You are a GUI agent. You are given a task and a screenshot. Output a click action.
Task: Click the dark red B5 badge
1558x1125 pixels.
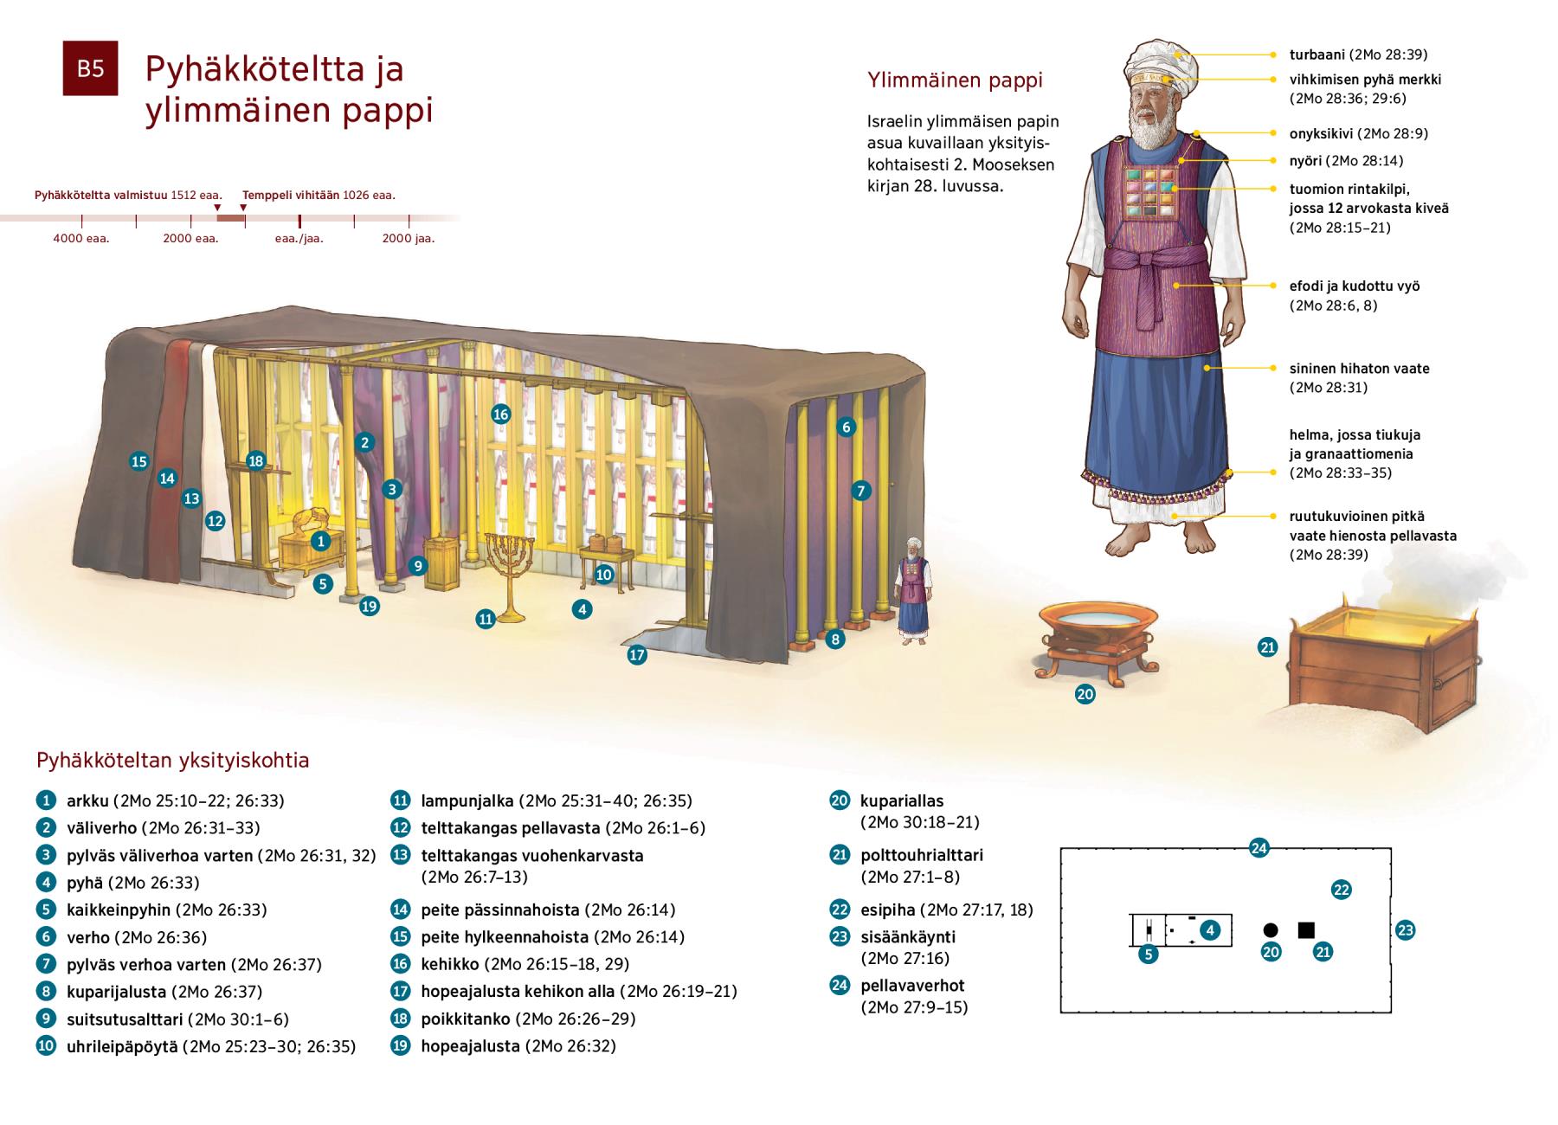tap(90, 67)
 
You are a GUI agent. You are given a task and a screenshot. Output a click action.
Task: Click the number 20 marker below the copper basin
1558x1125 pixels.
tap(1085, 694)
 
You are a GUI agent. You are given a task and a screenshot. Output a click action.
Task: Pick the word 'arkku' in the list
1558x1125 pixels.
tap(87, 801)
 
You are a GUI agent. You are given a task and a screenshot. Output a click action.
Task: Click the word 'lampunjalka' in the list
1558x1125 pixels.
tap(467, 801)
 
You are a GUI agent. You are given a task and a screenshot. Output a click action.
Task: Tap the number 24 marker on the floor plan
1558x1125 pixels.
tap(1259, 848)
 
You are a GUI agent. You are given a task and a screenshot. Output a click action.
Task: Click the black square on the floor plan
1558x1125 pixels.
tap(1306, 930)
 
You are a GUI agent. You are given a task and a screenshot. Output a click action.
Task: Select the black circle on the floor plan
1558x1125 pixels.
tap(1270, 930)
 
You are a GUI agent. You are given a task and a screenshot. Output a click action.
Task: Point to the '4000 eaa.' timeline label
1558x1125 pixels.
tap(81, 239)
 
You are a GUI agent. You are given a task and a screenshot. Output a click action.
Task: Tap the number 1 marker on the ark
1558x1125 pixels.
tap(321, 542)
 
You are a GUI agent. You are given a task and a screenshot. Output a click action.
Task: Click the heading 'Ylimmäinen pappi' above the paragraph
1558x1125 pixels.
tap(955, 80)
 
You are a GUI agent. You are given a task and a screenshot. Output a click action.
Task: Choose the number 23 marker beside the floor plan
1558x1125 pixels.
tap(1405, 931)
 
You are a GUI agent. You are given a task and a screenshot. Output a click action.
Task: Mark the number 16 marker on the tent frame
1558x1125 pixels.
tap(500, 415)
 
